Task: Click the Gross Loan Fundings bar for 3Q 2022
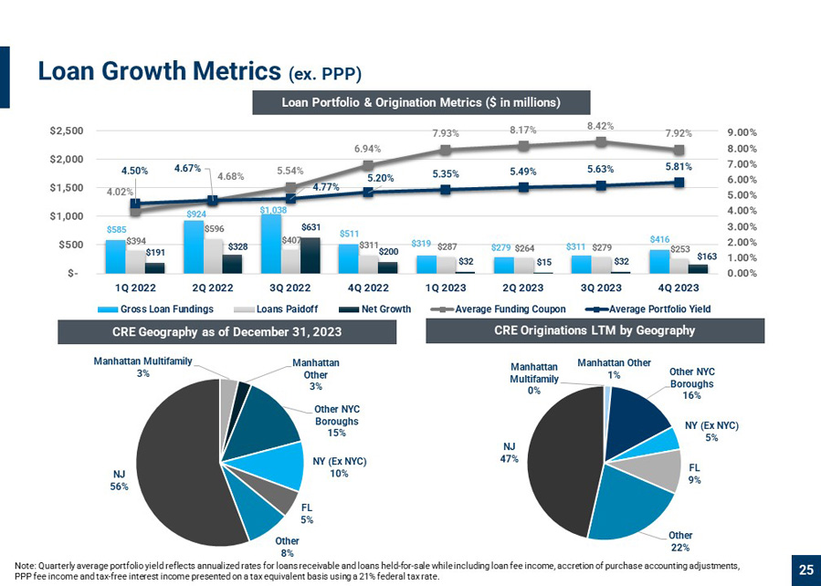point(270,244)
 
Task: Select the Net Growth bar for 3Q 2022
point(310,256)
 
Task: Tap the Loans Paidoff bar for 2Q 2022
point(213,256)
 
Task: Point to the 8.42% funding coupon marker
point(601,141)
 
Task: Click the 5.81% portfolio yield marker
point(679,182)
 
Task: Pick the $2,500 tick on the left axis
point(67,131)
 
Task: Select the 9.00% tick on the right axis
point(742,133)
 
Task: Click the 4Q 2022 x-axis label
point(368,288)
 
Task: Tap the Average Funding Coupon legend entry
point(498,309)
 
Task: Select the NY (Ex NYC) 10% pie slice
point(285,465)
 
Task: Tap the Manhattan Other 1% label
point(615,369)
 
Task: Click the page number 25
point(806,570)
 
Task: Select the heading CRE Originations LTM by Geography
point(595,330)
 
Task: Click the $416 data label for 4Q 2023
point(659,239)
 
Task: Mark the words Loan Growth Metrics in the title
point(160,70)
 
